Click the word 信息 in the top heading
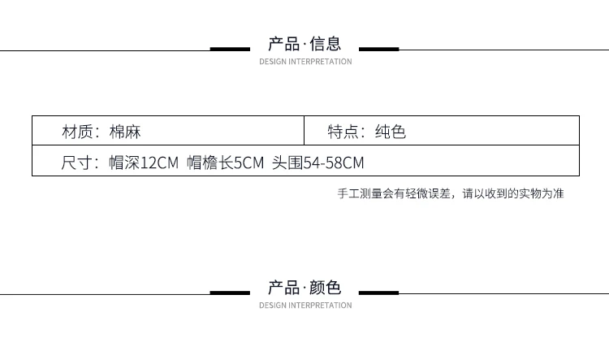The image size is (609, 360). (x=326, y=44)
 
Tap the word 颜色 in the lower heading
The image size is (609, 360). (x=326, y=288)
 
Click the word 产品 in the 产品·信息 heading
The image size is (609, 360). (x=284, y=44)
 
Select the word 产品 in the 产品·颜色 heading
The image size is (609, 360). (x=284, y=288)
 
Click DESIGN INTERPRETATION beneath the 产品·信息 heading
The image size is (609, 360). (x=305, y=62)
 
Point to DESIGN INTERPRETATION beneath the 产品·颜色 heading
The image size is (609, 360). (x=305, y=306)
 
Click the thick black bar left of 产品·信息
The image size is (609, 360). (x=230, y=49)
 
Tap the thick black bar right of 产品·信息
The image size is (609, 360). (x=378, y=49)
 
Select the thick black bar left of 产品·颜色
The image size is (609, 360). (x=230, y=293)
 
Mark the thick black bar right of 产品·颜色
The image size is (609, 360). (x=378, y=293)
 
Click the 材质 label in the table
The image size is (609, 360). (x=77, y=132)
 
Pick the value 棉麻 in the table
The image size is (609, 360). (x=125, y=132)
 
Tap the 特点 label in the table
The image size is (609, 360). (x=343, y=132)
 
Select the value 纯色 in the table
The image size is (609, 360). (x=391, y=132)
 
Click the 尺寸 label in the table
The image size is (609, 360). (x=76, y=163)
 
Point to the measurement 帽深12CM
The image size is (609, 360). (x=144, y=163)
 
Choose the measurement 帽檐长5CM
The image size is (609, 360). (x=225, y=163)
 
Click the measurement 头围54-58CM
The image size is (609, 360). (x=318, y=163)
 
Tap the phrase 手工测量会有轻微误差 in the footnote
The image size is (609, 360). (x=394, y=193)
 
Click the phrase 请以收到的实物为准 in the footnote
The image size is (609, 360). (x=513, y=193)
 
